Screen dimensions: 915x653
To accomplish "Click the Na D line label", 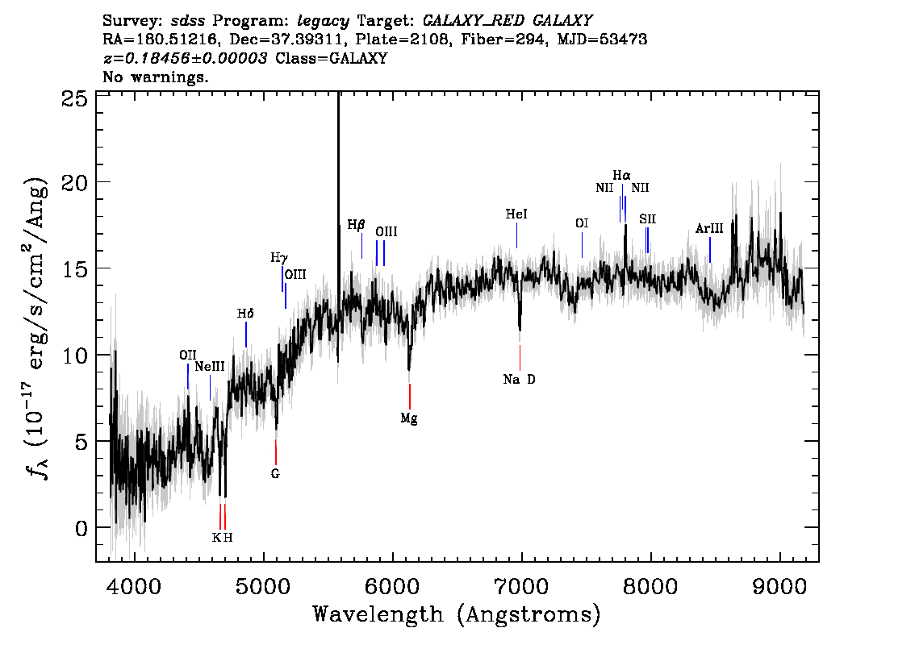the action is pos(520,380).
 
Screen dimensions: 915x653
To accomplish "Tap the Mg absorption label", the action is pos(409,418).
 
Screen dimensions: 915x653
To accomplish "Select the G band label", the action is pos(275,474).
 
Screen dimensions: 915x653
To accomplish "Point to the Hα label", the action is pos(621,176).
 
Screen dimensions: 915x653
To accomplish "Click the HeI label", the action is pos(516,214).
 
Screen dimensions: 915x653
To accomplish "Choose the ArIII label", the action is pos(709,229).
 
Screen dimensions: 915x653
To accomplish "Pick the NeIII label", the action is pos(210,367).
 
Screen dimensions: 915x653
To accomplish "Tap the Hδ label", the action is pos(245,314).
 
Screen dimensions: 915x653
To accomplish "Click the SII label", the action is pos(647,219).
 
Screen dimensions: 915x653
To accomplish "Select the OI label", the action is pos(582,223).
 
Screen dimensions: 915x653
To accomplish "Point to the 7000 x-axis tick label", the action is pos(520,586).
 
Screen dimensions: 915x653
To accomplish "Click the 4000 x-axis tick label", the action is pos(135,586).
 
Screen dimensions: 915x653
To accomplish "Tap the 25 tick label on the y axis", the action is pos(74,98).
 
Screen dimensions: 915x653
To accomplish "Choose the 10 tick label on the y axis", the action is pos(74,355).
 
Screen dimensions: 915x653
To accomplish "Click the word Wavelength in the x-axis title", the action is pos(378,614).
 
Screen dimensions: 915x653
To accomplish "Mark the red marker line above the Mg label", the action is pos(410,397).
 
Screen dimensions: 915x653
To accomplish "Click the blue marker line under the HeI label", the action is pos(516,235).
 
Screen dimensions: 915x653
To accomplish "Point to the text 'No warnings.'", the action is pos(155,77).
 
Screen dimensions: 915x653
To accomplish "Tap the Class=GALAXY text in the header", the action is pos(331,58).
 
